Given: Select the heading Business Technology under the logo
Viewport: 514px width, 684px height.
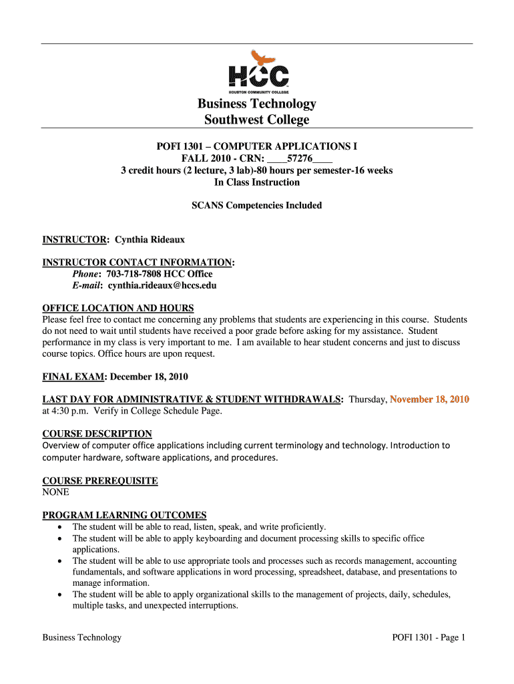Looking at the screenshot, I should pyautogui.click(x=256, y=104).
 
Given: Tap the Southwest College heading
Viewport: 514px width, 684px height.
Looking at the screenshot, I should pyautogui.click(x=256, y=120).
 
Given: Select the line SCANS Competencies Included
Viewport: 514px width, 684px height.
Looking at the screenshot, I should pyautogui.click(x=256, y=206).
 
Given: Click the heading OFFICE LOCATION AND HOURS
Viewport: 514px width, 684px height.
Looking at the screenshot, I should pyautogui.click(x=118, y=308).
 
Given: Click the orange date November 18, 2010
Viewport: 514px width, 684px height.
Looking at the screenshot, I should pyautogui.click(x=429, y=399).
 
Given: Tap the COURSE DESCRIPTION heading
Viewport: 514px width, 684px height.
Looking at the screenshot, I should pyautogui.click(x=97, y=434).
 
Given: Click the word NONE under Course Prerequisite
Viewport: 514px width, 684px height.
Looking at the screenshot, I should pyautogui.click(x=55, y=492).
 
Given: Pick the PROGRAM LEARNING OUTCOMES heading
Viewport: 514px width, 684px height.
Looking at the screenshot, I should pyautogui.click(x=124, y=515).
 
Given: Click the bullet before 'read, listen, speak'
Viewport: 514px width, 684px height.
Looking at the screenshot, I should pyautogui.click(x=60, y=527).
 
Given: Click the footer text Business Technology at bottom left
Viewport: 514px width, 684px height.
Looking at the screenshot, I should pyautogui.click(x=82, y=637).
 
